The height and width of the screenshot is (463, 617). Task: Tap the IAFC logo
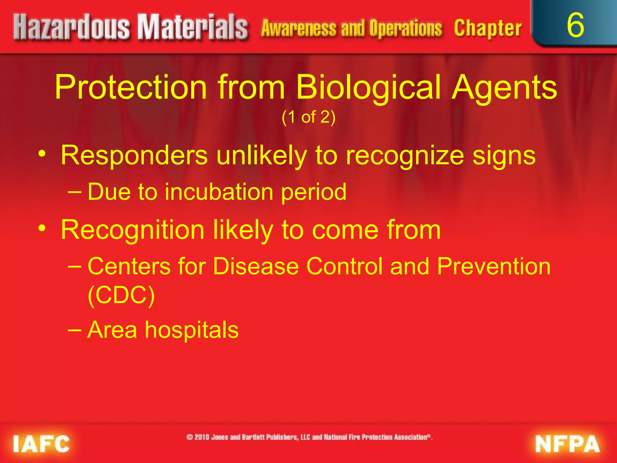point(41,444)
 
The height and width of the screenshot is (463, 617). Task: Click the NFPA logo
point(567,444)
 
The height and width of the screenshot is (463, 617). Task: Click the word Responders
point(134,155)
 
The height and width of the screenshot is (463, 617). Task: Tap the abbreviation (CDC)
point(121,295)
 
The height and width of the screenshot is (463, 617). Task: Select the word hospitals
point(192,330)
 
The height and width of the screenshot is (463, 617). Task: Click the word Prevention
point(493,266)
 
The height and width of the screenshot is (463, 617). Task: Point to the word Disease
point(255,266)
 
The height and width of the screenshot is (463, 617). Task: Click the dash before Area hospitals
point(75,330)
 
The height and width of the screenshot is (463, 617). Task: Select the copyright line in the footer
point(309,437)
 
